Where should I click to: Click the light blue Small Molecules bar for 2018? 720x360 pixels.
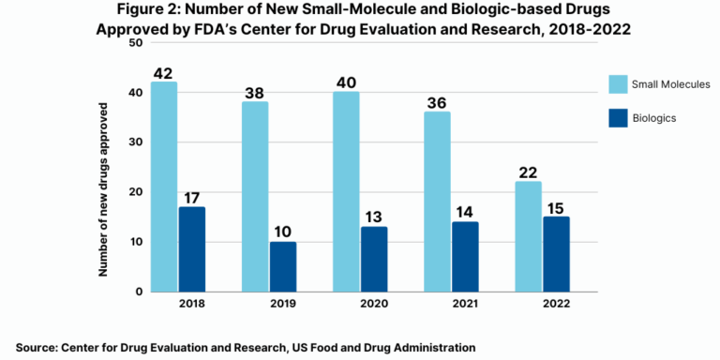(164, 187)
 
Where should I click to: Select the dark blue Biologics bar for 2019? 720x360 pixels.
(282, 266)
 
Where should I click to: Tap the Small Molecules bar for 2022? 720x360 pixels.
(528, 236)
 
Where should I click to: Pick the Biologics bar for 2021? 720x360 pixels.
(465, 256)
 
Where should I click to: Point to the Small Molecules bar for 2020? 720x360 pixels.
(346, 191)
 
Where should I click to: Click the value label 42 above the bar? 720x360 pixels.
(164, 71)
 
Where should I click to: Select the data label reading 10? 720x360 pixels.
(282, 231)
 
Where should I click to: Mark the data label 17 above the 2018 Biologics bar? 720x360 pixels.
(192, 196)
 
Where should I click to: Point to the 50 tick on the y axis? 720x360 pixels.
(136, 43)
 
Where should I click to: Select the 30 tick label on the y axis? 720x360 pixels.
(136, 142)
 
